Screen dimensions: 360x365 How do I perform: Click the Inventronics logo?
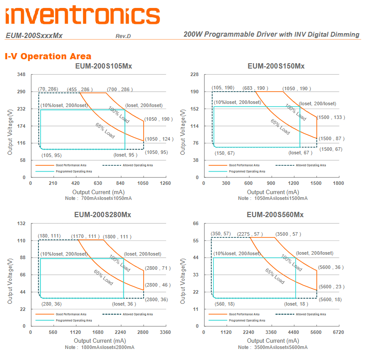83,15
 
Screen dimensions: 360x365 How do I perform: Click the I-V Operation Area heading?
48,56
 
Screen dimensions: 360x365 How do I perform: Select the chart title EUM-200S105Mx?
104,66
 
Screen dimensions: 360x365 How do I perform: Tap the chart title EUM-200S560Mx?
275,215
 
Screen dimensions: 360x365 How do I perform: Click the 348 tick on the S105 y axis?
22,75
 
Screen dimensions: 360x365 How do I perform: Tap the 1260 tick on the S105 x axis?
165,183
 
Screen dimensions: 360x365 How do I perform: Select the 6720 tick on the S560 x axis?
338,332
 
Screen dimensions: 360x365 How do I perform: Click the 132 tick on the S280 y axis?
22,223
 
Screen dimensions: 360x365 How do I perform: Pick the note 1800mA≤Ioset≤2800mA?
99,347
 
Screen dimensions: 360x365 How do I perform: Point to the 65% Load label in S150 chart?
280,126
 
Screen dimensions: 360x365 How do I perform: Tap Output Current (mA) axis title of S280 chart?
100,341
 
